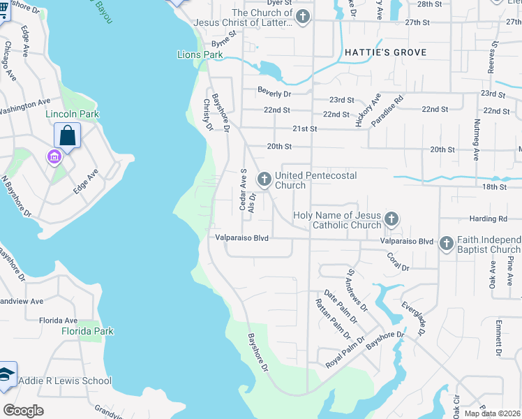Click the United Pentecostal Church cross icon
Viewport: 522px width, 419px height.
[264, 179]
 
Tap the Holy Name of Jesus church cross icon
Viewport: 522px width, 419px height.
[391, 220]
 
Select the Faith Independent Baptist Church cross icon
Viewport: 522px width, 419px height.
[447, 244]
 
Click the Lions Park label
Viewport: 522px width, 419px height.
[200, 54]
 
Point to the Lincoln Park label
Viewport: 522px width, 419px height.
[72, 114]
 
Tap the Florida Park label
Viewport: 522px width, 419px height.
[87, 330]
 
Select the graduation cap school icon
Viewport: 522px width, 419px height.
[6, 375]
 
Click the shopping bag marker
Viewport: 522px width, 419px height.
[68, 135]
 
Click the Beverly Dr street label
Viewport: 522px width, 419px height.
[274, 91]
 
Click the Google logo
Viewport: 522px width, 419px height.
[24, 410]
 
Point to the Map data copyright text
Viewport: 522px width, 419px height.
[493, 413]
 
